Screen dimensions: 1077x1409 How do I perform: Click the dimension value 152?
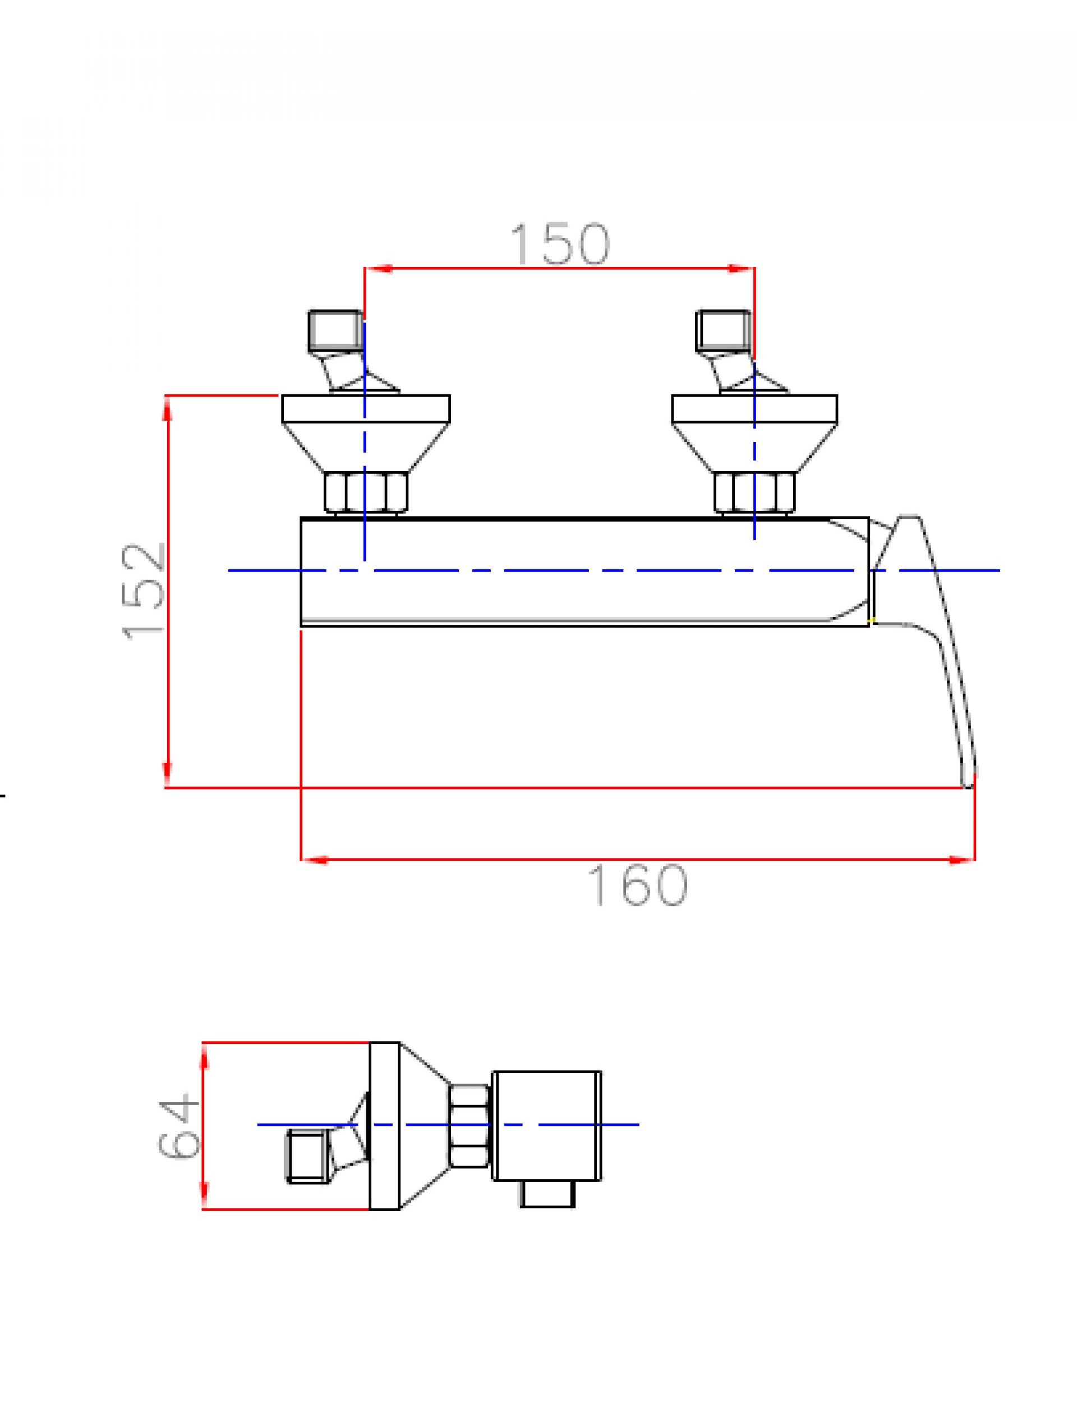pyautogui.click(x=144, y=591)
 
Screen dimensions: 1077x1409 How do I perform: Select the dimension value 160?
pyautogui.click(x=637, y=885)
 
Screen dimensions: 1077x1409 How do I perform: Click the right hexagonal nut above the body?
pyautogui.click(x=754, y=492)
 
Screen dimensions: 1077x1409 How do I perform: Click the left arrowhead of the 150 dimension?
pyautogui.click(x=378, y=269)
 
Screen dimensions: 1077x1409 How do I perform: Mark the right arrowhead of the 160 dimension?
pyautogui.click(x=962, y=860)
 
